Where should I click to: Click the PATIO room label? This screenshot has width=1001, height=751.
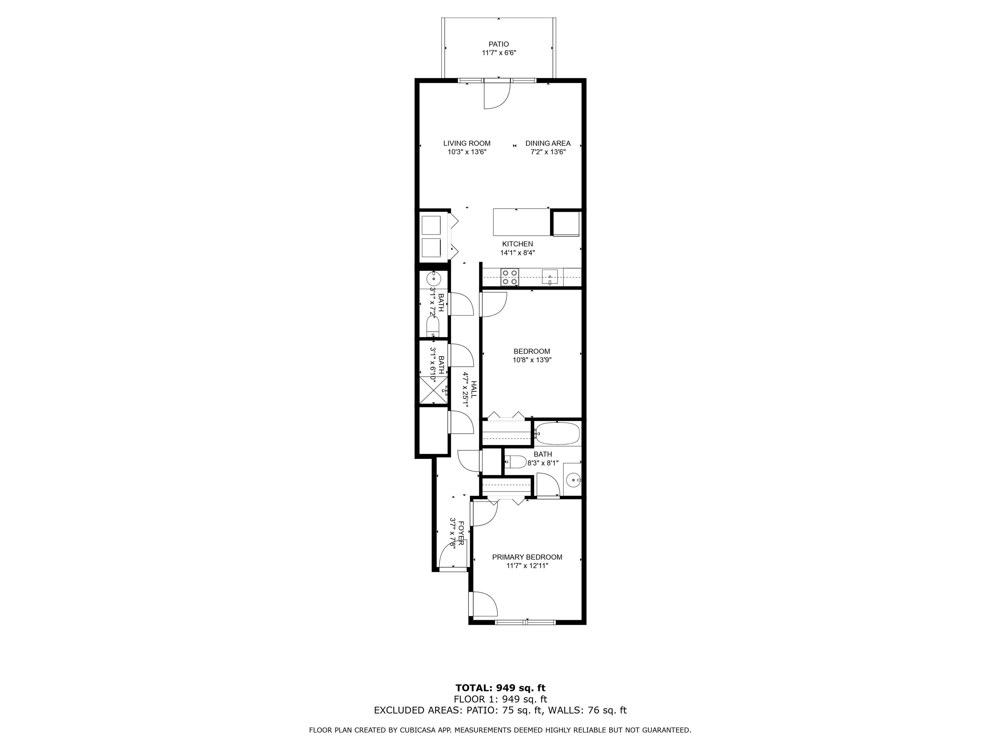click(499, 44)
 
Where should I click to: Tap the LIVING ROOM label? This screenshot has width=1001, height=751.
click(467, 143)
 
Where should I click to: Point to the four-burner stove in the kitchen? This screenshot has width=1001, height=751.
click(510, 277)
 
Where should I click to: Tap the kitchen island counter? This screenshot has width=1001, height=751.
click(522, 222)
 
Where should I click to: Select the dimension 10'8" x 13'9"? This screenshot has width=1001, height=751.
click(532, 360)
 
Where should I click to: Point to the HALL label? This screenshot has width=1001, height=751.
click(474, 389)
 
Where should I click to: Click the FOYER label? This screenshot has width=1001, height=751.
click(461, 533)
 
